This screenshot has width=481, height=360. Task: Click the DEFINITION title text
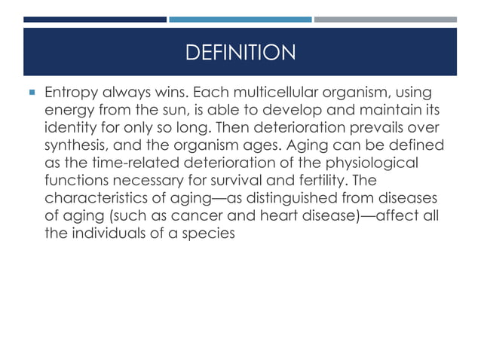point(240,53)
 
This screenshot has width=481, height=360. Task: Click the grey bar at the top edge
point(384,19)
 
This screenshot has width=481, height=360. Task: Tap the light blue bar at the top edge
point(240,19)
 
